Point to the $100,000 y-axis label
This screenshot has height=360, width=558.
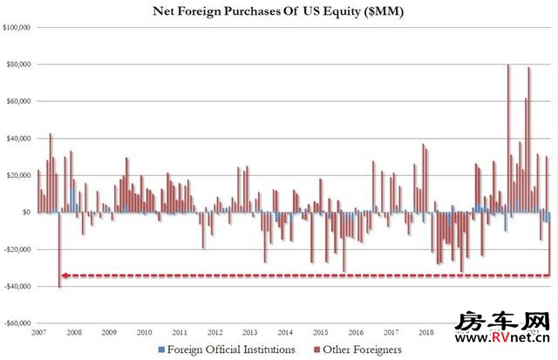pyautogui.click(x=17, y=28)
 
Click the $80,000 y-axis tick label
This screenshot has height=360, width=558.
pyautogui.click(x=18, y=65)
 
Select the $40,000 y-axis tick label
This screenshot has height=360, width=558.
pyautogui.click(x=18, y=139)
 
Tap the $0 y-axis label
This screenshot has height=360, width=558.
pyautogui.click(x=25, y=212)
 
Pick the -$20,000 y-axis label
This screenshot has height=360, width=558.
pyautogui.click(x=17, y=249)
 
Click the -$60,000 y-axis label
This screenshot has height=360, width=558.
pyautogui.click(x=17, y=323)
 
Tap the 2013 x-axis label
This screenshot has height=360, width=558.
pyautogui.click(x=249, y=332)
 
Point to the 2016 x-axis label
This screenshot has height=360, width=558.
pyautogui.click(x=355, y=332)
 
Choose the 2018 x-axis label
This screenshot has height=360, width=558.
pyautogui.click(x=425, y=332)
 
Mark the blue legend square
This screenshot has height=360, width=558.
pyautogui.click(x=161, y=350)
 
